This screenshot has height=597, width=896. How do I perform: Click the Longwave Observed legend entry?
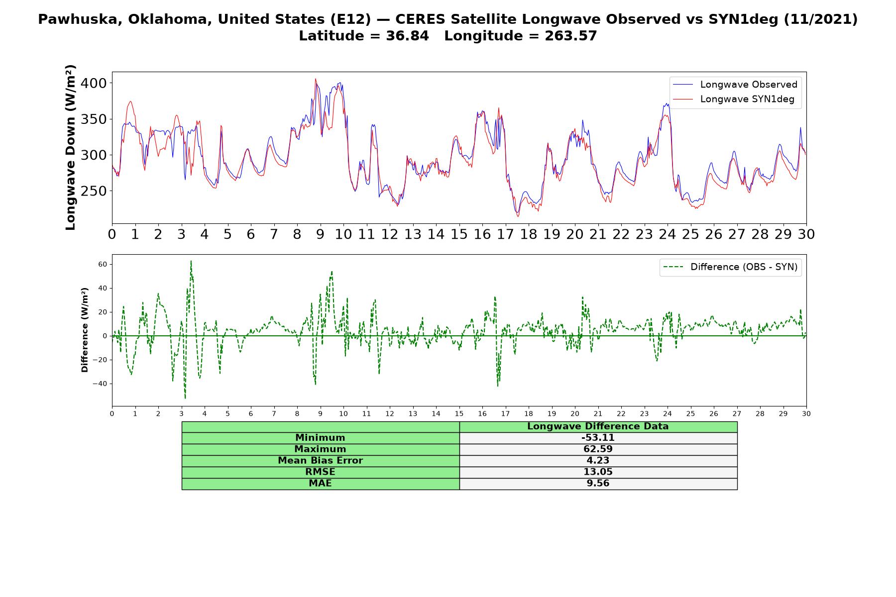[735, 85]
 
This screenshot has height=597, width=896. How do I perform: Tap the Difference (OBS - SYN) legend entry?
[730, 267]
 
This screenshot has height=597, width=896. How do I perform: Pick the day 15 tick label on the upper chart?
[459, 234]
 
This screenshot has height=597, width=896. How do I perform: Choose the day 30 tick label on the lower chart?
[806, 413]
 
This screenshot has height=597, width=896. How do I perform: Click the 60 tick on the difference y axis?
[103, 264]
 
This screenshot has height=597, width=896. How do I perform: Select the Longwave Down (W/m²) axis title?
[70, 147]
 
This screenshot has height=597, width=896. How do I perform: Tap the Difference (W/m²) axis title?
[85, 330]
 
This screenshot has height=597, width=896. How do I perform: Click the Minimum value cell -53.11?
[598, 438]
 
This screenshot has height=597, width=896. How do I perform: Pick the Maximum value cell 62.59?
[598, 449]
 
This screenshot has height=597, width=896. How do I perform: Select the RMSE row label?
[320, 472]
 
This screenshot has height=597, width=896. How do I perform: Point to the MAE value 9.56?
[598, 484]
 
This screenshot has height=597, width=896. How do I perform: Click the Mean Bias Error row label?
[320, 461]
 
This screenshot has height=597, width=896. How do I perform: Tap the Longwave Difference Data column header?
[598, 426]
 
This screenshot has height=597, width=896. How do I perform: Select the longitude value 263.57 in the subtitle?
[570, 36]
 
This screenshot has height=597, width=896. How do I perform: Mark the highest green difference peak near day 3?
[191, 261]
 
